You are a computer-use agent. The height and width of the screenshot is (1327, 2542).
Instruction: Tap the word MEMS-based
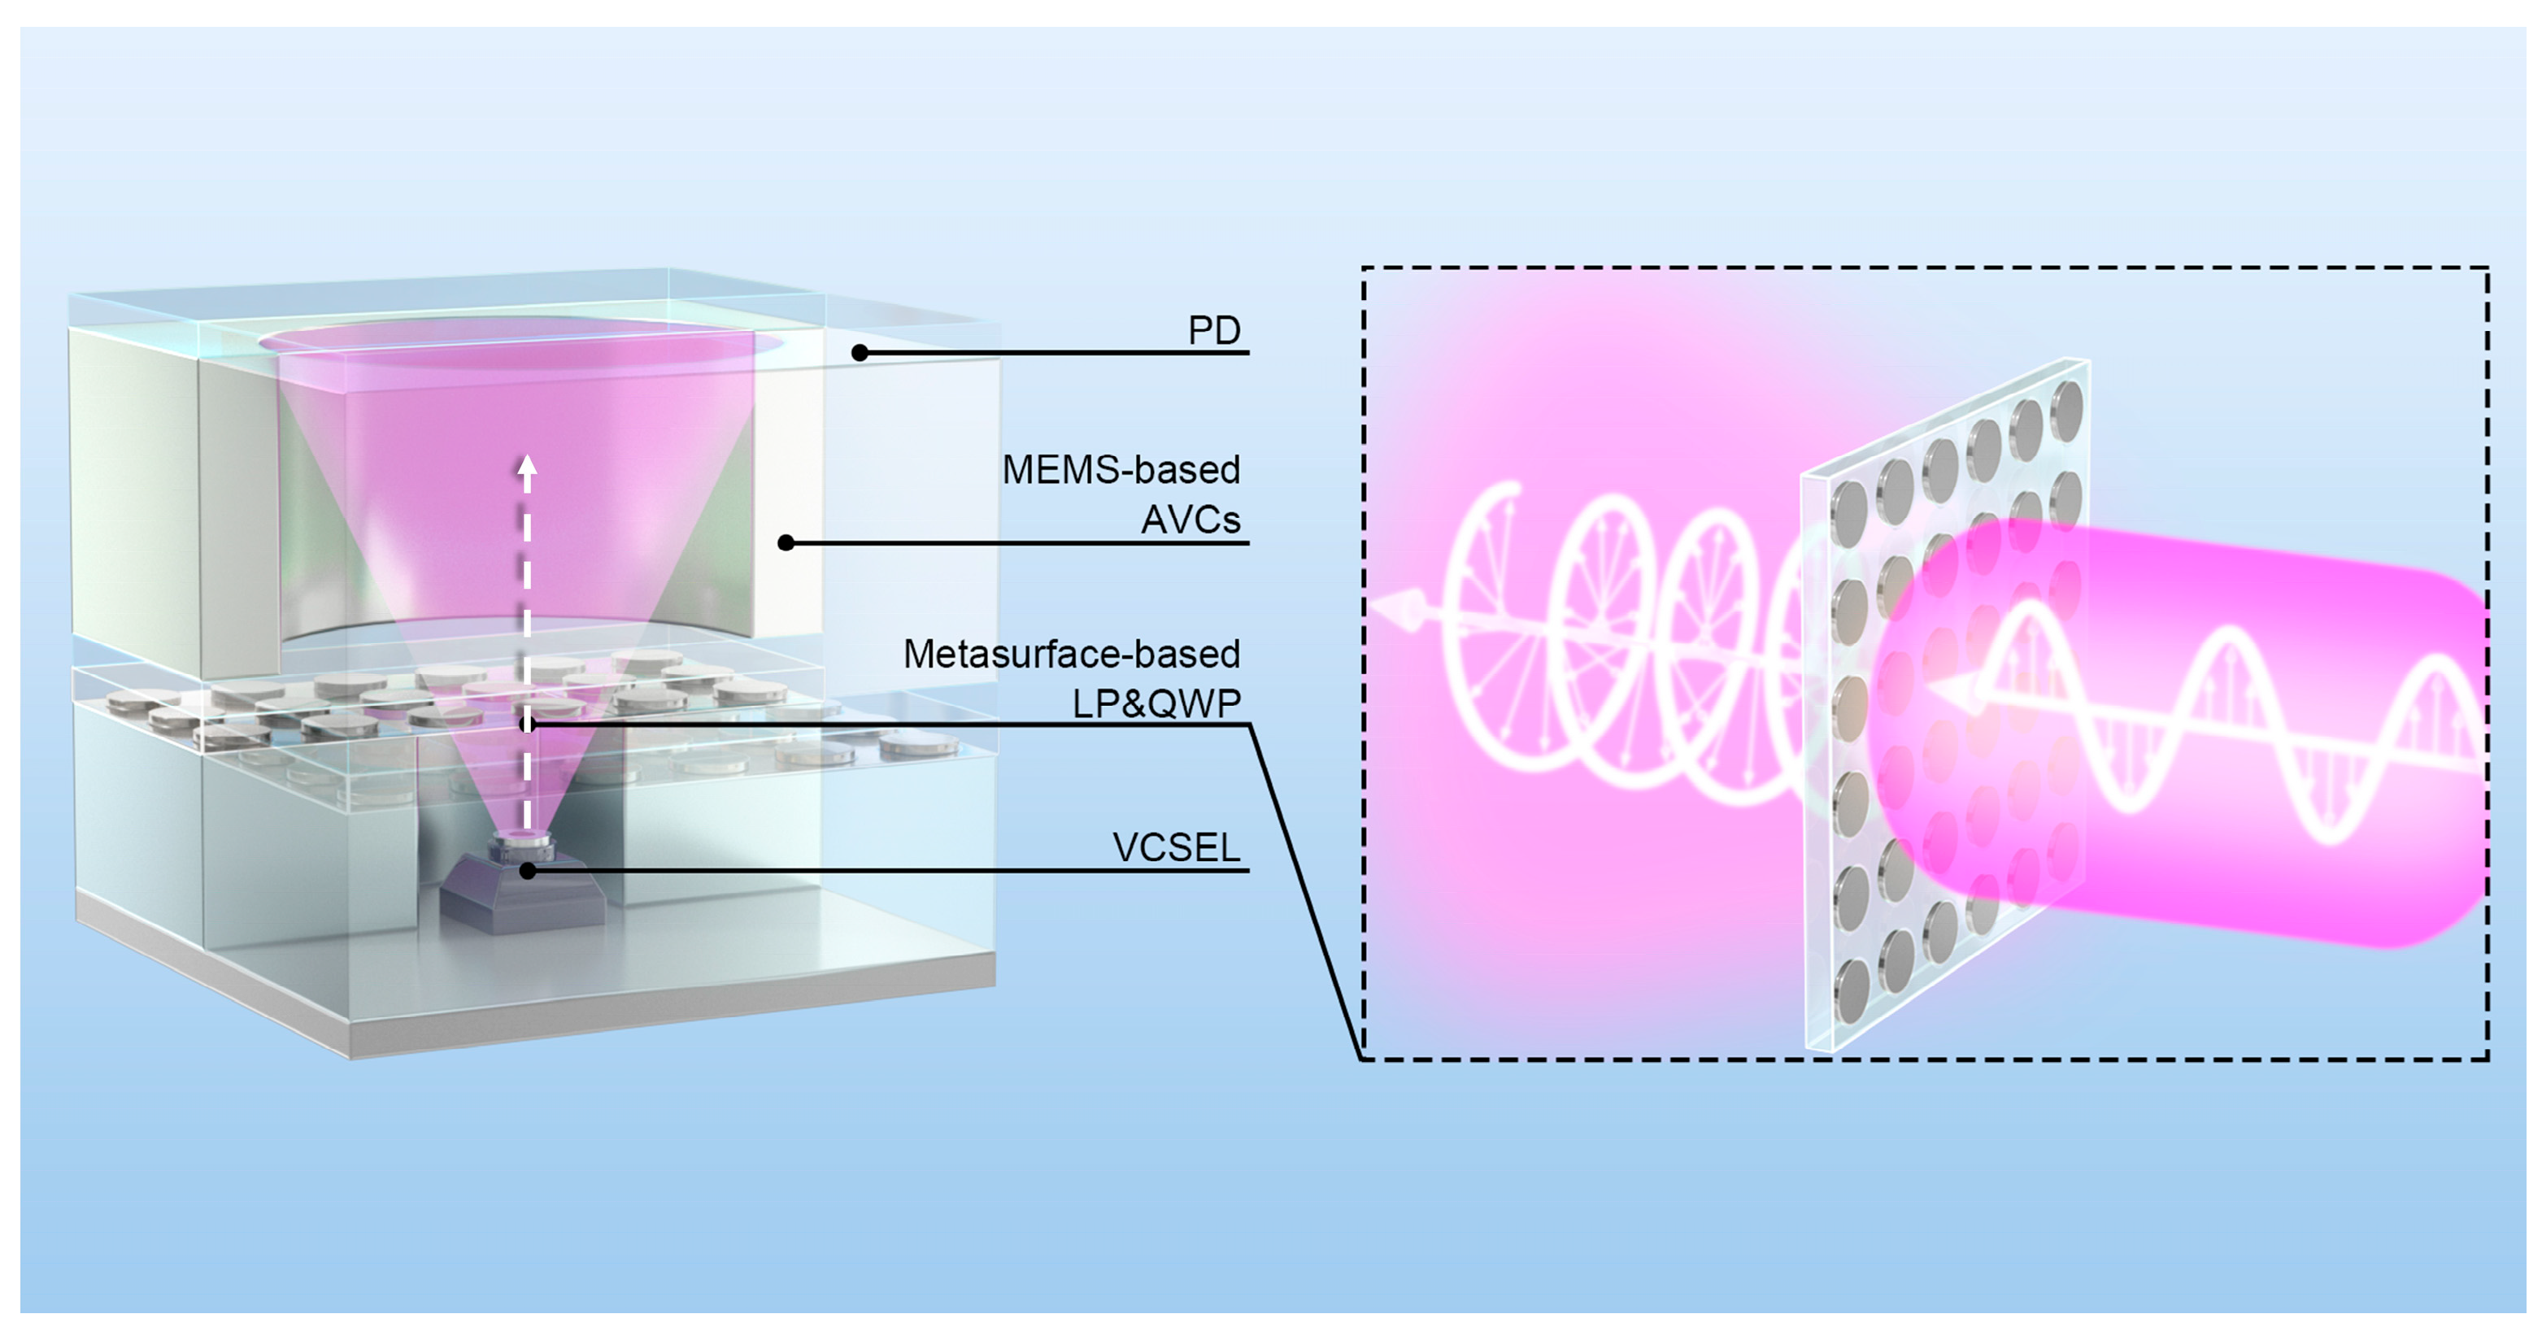(1121, 470)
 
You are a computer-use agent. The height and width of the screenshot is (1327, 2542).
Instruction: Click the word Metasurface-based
(1071, 654)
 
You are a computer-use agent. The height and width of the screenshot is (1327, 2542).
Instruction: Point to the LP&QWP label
(1156, 703)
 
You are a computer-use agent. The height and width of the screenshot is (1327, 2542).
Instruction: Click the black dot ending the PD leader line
(860, 352)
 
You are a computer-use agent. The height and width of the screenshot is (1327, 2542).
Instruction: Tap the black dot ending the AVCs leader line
(786, 542)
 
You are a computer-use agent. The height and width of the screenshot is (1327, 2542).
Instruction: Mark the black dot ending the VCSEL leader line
(528, 871)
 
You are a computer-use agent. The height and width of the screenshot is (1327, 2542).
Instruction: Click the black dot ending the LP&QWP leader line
(528, 725)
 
